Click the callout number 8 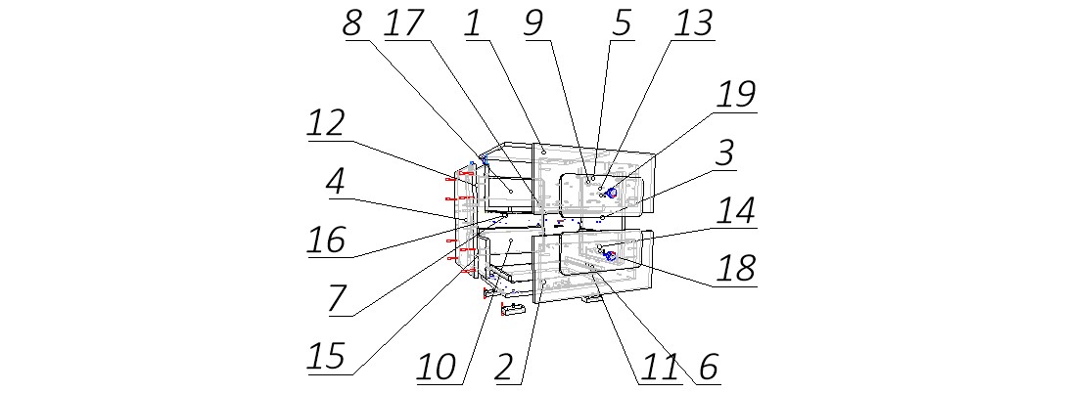click(351, 23)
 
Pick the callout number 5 click(622, 23)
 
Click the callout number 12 click(325, 124)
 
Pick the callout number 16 click(324, 240)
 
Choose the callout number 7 click(336, 299)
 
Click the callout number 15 click(325, 357)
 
